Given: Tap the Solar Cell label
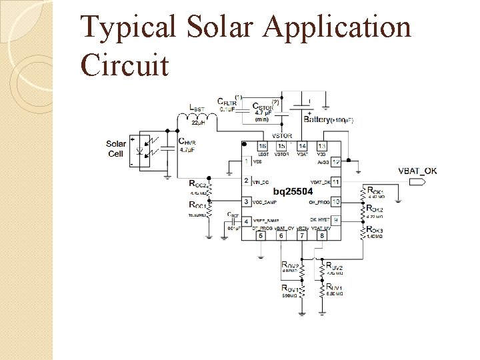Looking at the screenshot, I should point(115,149).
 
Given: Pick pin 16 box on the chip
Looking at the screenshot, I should point(263,146).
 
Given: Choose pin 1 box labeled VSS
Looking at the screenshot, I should point(247,161).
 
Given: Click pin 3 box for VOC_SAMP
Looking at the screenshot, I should point(247,201).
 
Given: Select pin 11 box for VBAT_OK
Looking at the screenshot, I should point(336,181).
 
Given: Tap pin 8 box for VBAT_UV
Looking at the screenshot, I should point(322,235).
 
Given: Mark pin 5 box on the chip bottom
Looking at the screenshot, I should point(261,235).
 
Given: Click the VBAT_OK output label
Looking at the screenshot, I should point(417,171).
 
